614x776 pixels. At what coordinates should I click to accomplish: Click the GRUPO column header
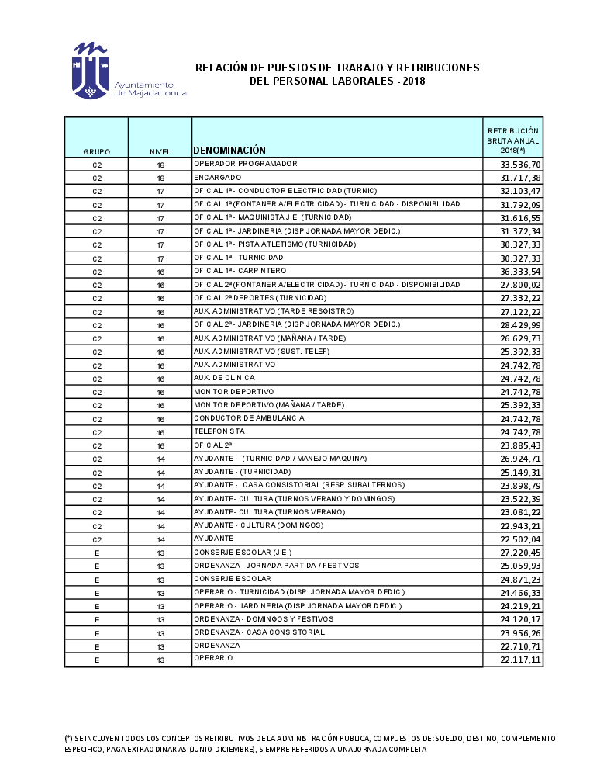(96, 152)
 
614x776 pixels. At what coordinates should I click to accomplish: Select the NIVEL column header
(160, 152)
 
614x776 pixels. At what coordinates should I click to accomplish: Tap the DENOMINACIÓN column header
(229, 151)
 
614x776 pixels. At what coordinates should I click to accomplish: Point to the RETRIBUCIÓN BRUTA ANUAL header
(512, 140)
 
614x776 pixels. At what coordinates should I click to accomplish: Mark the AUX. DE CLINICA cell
(225, 378)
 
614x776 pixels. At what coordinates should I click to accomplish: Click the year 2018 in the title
(414, 81)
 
